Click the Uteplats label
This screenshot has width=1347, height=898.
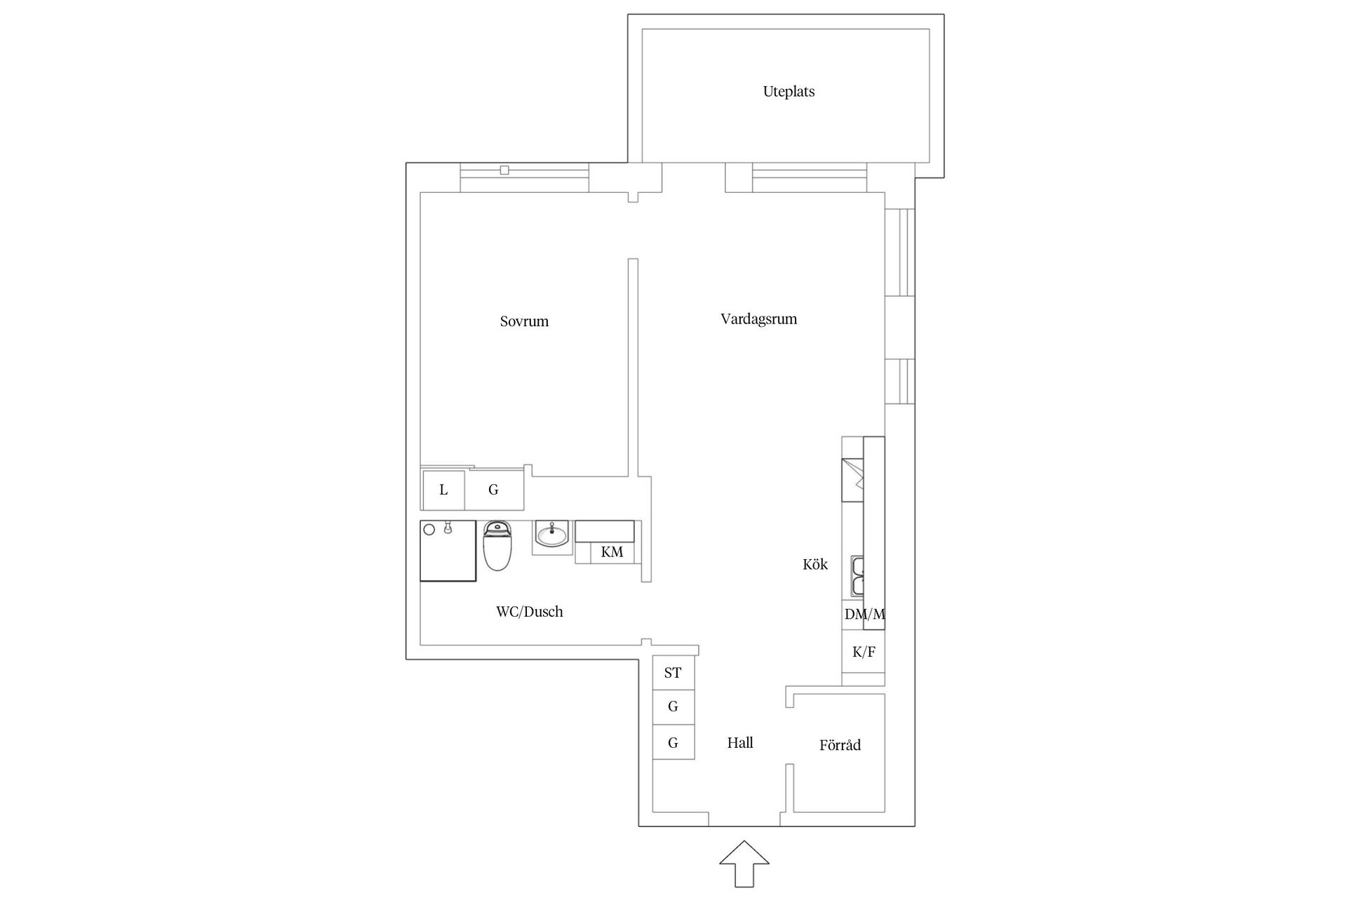coord(789,92)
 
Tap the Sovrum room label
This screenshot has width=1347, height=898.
coord(524,321)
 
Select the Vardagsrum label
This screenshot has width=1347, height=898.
coord(758,319)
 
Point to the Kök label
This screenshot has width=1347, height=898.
coord(815,564)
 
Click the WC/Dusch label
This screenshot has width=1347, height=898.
coord(529,612)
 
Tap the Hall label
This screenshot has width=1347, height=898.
coord(740,743)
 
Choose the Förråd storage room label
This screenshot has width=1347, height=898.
coord(840,745)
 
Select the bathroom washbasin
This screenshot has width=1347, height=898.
coord(551,536)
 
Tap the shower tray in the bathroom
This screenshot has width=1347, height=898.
coord(448,551)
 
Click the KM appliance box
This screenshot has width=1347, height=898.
coord(611,552)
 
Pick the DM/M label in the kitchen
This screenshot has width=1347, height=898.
coord(864,615)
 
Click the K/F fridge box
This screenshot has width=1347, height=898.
coord(864,652)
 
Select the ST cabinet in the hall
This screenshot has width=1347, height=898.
coord(673,673)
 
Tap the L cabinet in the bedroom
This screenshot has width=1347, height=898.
coord(443,490)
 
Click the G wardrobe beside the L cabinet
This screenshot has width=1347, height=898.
coord(494,490)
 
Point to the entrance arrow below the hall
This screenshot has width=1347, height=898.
coord(744,863)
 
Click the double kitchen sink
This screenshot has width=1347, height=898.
coord(857,576)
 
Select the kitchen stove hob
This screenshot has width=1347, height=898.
coord(853,480)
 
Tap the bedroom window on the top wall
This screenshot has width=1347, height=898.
coord(524,177)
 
